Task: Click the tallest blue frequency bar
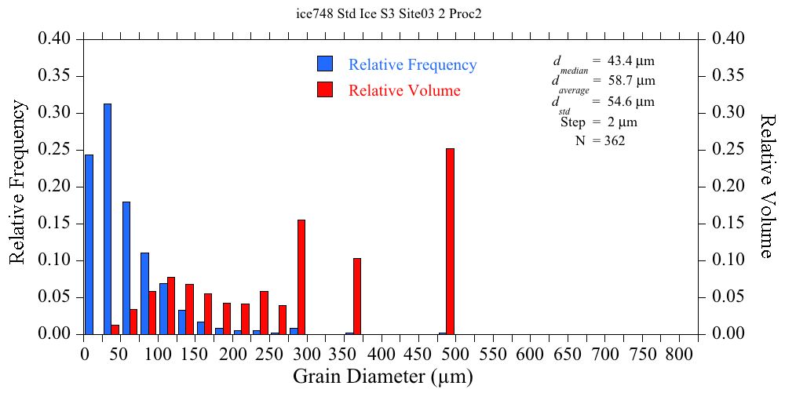coord(108,219)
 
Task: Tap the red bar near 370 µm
coord(357,296)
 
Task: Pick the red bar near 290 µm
coord(301,277)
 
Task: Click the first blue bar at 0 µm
coord(89,244)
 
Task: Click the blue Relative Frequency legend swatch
coord(325,64)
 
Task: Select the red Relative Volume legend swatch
coord(325,89)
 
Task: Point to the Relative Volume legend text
coord(404,90)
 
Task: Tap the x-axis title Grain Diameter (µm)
coord(383,377)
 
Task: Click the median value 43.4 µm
coord(631,60)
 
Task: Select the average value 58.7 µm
coord(631,81)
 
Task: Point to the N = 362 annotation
coord(601,141)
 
